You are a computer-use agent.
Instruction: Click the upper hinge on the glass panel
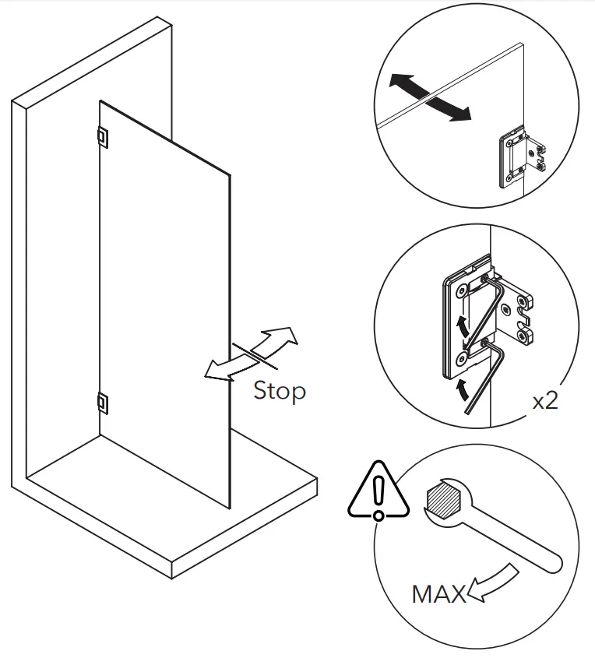pyautogui.click(x=102, y=136)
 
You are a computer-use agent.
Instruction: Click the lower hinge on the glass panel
pyautogui.click(x=102, y=402)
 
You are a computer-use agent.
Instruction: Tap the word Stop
pyautogui.click(x=279, y=391)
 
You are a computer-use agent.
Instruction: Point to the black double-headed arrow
pyautogui.click(x=431, y=97)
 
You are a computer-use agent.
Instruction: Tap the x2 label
pyautogui.click(x=544, y=402)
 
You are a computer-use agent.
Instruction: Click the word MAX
pyautogui.click(x=438, y=594)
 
